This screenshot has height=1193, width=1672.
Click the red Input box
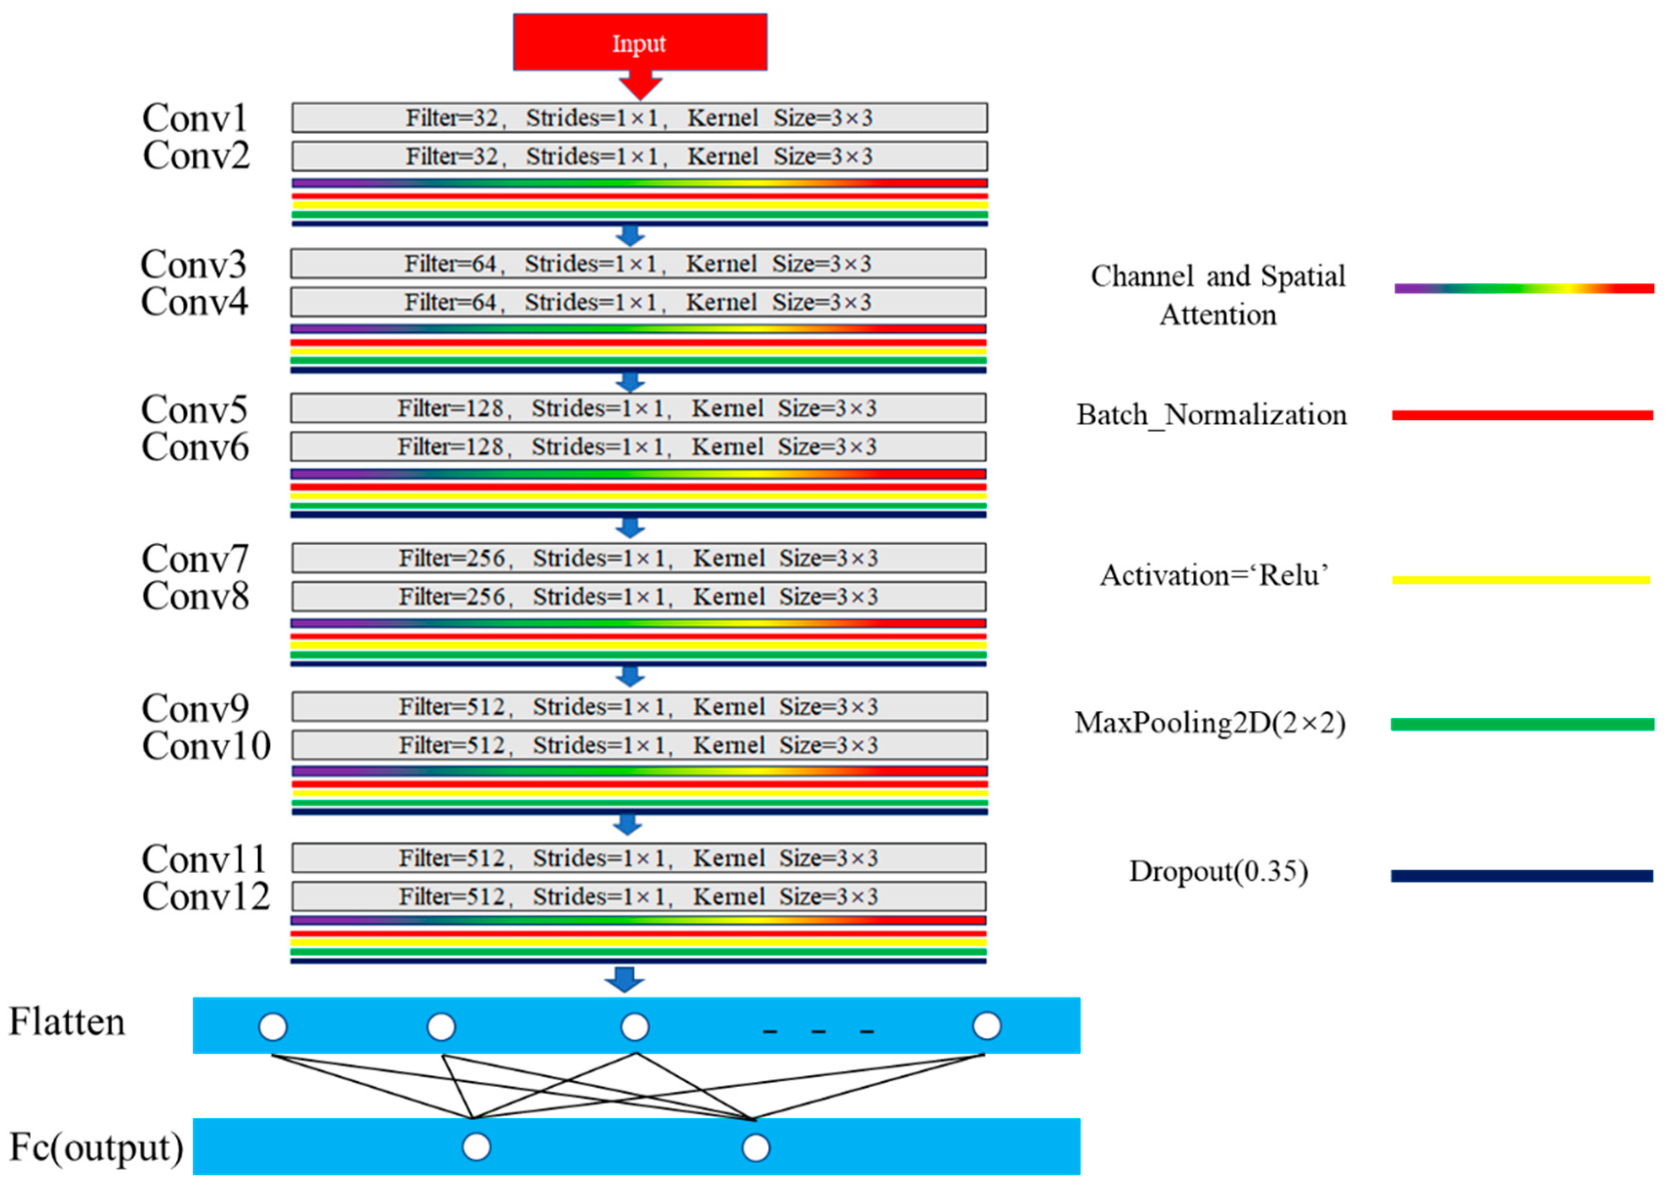(x=639, y=42)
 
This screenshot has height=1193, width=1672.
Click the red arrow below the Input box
(x=639, y=84)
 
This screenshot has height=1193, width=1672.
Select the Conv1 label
(x=195, y=118)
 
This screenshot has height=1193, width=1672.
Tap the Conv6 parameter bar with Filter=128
(x=638, y=447)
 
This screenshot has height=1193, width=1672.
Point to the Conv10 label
(x=206, y=746)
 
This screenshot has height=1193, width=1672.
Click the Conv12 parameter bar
(x=638, y=896)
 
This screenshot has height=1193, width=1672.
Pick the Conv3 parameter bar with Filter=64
(x=638, y=264)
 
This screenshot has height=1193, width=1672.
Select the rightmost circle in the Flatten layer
(x=986, y=1026)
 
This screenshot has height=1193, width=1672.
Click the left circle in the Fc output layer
(x=476, y=1147)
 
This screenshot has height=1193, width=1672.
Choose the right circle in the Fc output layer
(x=755, y=1148)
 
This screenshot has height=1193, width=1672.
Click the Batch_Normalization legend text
(x=1211, y=415)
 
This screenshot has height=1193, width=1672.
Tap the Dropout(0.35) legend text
(x=1218, y=871)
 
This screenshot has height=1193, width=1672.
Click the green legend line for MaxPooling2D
(x=1521, y=724)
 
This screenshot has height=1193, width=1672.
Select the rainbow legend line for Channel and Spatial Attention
(x=1524, y=288)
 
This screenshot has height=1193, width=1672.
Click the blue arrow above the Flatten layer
(x=625, y=979)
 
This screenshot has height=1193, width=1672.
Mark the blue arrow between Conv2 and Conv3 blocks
(x=630, y=236)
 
